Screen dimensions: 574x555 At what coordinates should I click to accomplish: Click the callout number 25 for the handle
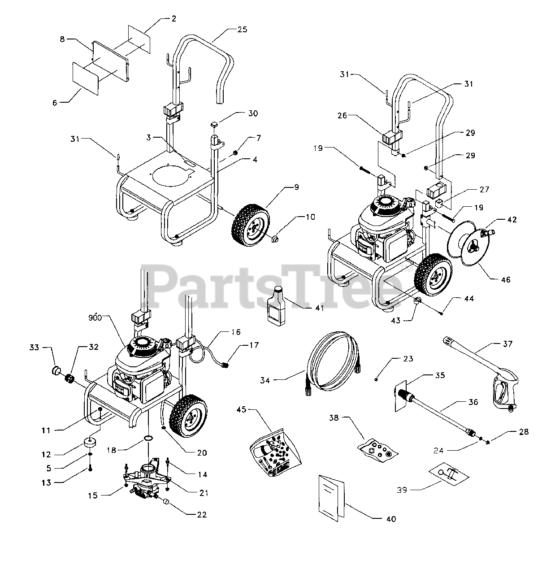point(243,30)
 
